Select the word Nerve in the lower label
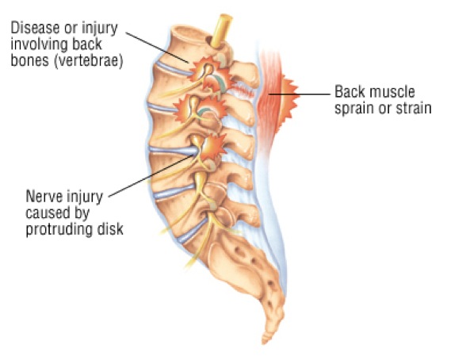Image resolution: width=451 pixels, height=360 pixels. [44, 197]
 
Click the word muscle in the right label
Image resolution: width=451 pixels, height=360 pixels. [392, 92]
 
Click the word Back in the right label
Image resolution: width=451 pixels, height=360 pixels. [350, 92]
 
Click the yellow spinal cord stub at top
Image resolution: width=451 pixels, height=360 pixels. [221, 31]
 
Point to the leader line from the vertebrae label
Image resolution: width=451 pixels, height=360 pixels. [158, 48]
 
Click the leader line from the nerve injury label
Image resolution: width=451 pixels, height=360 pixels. [151, 175]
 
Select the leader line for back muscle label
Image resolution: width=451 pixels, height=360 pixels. [300, 94]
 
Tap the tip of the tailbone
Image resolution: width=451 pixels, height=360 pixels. [264, 343]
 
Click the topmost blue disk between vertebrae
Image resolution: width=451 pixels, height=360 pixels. [174, 69]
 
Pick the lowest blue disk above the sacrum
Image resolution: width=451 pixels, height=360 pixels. [192, 231]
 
